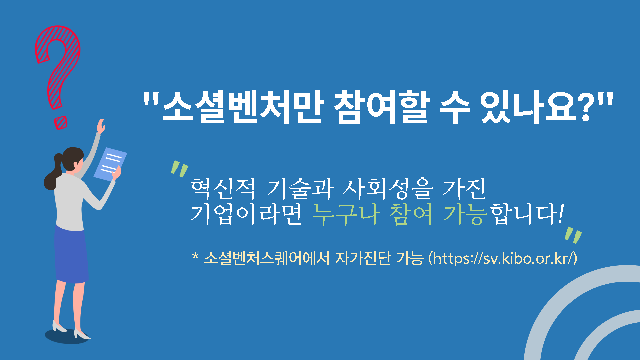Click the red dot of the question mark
tap(61, 123)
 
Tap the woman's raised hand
tap(101, 126)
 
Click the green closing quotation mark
tap(573, 236)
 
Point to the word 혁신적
tap(223, 188)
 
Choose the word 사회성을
tap(388, 188)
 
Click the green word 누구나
tap(346, 214)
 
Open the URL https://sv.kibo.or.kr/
tap(503, 258)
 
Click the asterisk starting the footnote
tap(196, 256)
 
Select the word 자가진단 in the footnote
tap(363, 258)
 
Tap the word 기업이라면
tap(246, 214)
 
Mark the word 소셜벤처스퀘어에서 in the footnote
tap(267, 258)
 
